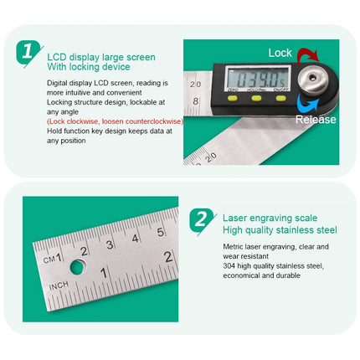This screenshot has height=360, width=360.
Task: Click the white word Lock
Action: pos(280,53)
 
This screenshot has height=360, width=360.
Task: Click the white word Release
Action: pos(315,120)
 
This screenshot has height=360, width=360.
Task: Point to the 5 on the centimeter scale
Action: pos(161,232)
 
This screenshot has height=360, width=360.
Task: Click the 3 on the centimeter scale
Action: pos(110,244)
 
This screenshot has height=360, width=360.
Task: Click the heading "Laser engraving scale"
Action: pos(270,218)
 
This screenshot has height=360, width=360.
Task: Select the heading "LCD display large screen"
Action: pos(100,57)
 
